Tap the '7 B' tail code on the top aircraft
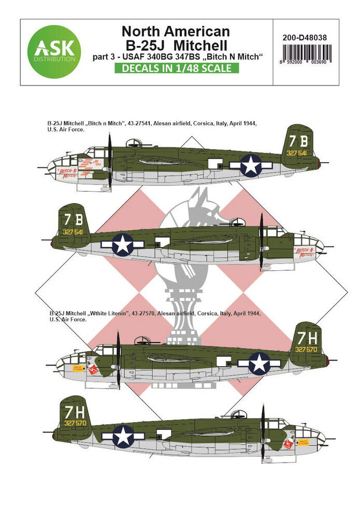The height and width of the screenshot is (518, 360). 299,141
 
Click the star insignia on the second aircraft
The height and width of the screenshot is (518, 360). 123,244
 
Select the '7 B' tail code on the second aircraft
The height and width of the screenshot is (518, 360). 73,218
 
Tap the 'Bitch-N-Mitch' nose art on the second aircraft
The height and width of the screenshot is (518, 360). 305,252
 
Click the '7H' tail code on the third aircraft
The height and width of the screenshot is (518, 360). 309,338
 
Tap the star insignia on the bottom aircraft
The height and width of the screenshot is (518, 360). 123,436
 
